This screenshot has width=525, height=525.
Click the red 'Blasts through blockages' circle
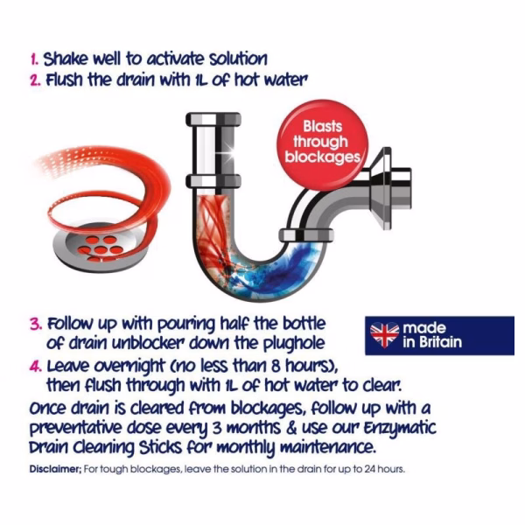[322, 144]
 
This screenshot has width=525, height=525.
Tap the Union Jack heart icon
[384, 335]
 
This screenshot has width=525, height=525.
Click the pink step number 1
[34, 59]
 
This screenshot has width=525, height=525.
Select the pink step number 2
[35, 80]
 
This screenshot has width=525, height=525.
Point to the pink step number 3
[36, 325]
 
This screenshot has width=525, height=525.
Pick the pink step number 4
[36, 367]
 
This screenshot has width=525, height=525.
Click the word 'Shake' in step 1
[66, 59]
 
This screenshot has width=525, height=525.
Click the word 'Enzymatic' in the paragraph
[400, 429]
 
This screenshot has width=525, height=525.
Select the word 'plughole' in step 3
[294, 344]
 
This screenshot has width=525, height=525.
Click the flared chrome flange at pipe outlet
[383, 188]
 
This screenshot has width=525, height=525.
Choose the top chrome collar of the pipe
[213, 119]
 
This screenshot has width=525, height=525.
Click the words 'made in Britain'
[432, 335]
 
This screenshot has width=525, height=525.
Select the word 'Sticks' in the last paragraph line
[161, 448]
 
